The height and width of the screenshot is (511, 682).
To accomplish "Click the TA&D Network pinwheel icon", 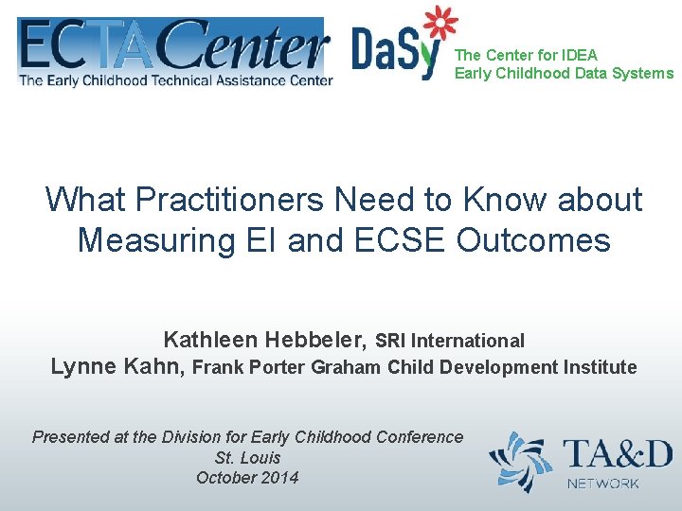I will click(x=520, y=462).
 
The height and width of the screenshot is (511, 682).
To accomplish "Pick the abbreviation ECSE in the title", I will click(x=400, y=240).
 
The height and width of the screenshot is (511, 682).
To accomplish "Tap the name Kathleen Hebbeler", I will click(x=265, y=340).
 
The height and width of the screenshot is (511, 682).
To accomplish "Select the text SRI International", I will click(x=450, y=341).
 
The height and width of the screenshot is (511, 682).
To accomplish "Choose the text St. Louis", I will click(x=247, y=457).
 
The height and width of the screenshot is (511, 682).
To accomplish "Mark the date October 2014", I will click(x=247, y=478).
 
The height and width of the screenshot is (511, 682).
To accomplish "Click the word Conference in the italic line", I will click(x=420, y=436).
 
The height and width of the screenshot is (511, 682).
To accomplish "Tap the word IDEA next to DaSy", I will click(x=579, y=55).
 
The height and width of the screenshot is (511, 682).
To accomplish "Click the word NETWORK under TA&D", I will click(x=603, y=484).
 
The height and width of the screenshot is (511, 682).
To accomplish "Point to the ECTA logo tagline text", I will click(x=175, y=80).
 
